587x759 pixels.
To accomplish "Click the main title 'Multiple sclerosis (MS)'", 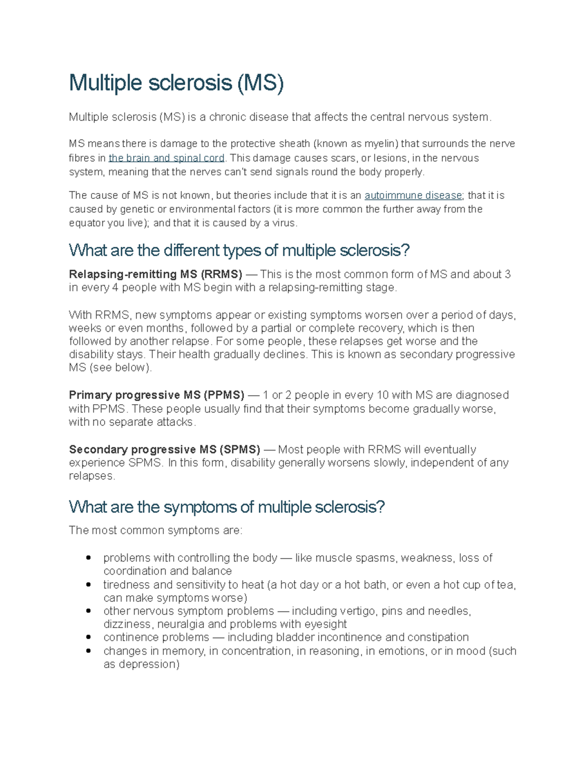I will (176, 83).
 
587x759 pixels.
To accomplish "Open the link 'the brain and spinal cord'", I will (166, 158).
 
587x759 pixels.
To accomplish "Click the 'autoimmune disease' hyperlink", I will (413, 195).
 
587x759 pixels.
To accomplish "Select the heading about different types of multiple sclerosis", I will (239, 250).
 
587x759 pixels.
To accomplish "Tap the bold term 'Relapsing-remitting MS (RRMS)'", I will (156, 274).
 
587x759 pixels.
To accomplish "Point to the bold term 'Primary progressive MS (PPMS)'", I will (157, 395).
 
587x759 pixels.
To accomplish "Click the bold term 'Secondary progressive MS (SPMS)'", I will (165, 450).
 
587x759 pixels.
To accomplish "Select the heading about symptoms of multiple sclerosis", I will (227, 507).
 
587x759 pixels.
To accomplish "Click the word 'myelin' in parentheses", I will (381, 144).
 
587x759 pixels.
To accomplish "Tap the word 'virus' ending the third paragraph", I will (284, 223).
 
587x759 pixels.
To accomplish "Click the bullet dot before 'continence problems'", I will (89, 637).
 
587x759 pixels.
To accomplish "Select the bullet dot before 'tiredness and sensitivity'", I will (89, 585).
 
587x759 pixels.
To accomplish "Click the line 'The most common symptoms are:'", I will (156, 530).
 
